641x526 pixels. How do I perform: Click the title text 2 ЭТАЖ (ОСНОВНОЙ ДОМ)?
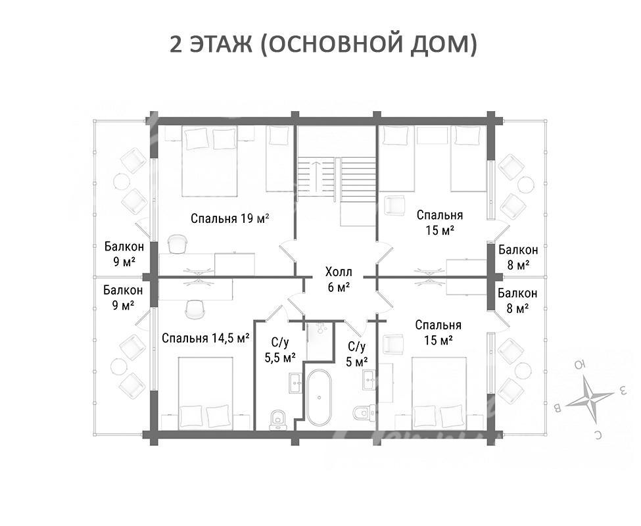pyautogui.click(x=323, y=44)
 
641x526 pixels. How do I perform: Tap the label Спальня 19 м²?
pyautogui.click(x=229, y=218)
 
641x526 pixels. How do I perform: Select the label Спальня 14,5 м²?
pyautogui.click(x=206, y=339)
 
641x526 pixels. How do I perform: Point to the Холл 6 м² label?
pyautogui.click(x=339, y=279)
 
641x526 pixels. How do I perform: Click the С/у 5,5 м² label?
pyautogui.click(x=280, y=350)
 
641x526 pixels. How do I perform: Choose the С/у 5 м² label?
pyautogui.click(x=357, y=354)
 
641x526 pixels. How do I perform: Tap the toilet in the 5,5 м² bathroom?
pyautogui.click(x=278, y=419)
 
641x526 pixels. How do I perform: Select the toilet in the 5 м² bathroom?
pyautogui.click(x=363, y=413)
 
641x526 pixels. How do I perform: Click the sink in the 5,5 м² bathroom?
pyautogui.click(x=296, y=383)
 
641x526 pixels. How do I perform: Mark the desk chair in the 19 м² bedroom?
pyautogui.click(x=178, y=243)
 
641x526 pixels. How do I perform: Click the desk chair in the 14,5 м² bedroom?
pyautogui.click(x=194, y=310)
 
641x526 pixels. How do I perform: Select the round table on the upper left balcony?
pyautogui.click(x=122, y=181)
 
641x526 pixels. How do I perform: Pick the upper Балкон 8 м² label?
pyautogui.click(x=518, y=257)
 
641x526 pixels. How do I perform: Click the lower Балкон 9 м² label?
pyautogui.click(x=123, y=298)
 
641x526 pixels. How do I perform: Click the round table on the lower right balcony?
pyautogui.click(x=523, y=371)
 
